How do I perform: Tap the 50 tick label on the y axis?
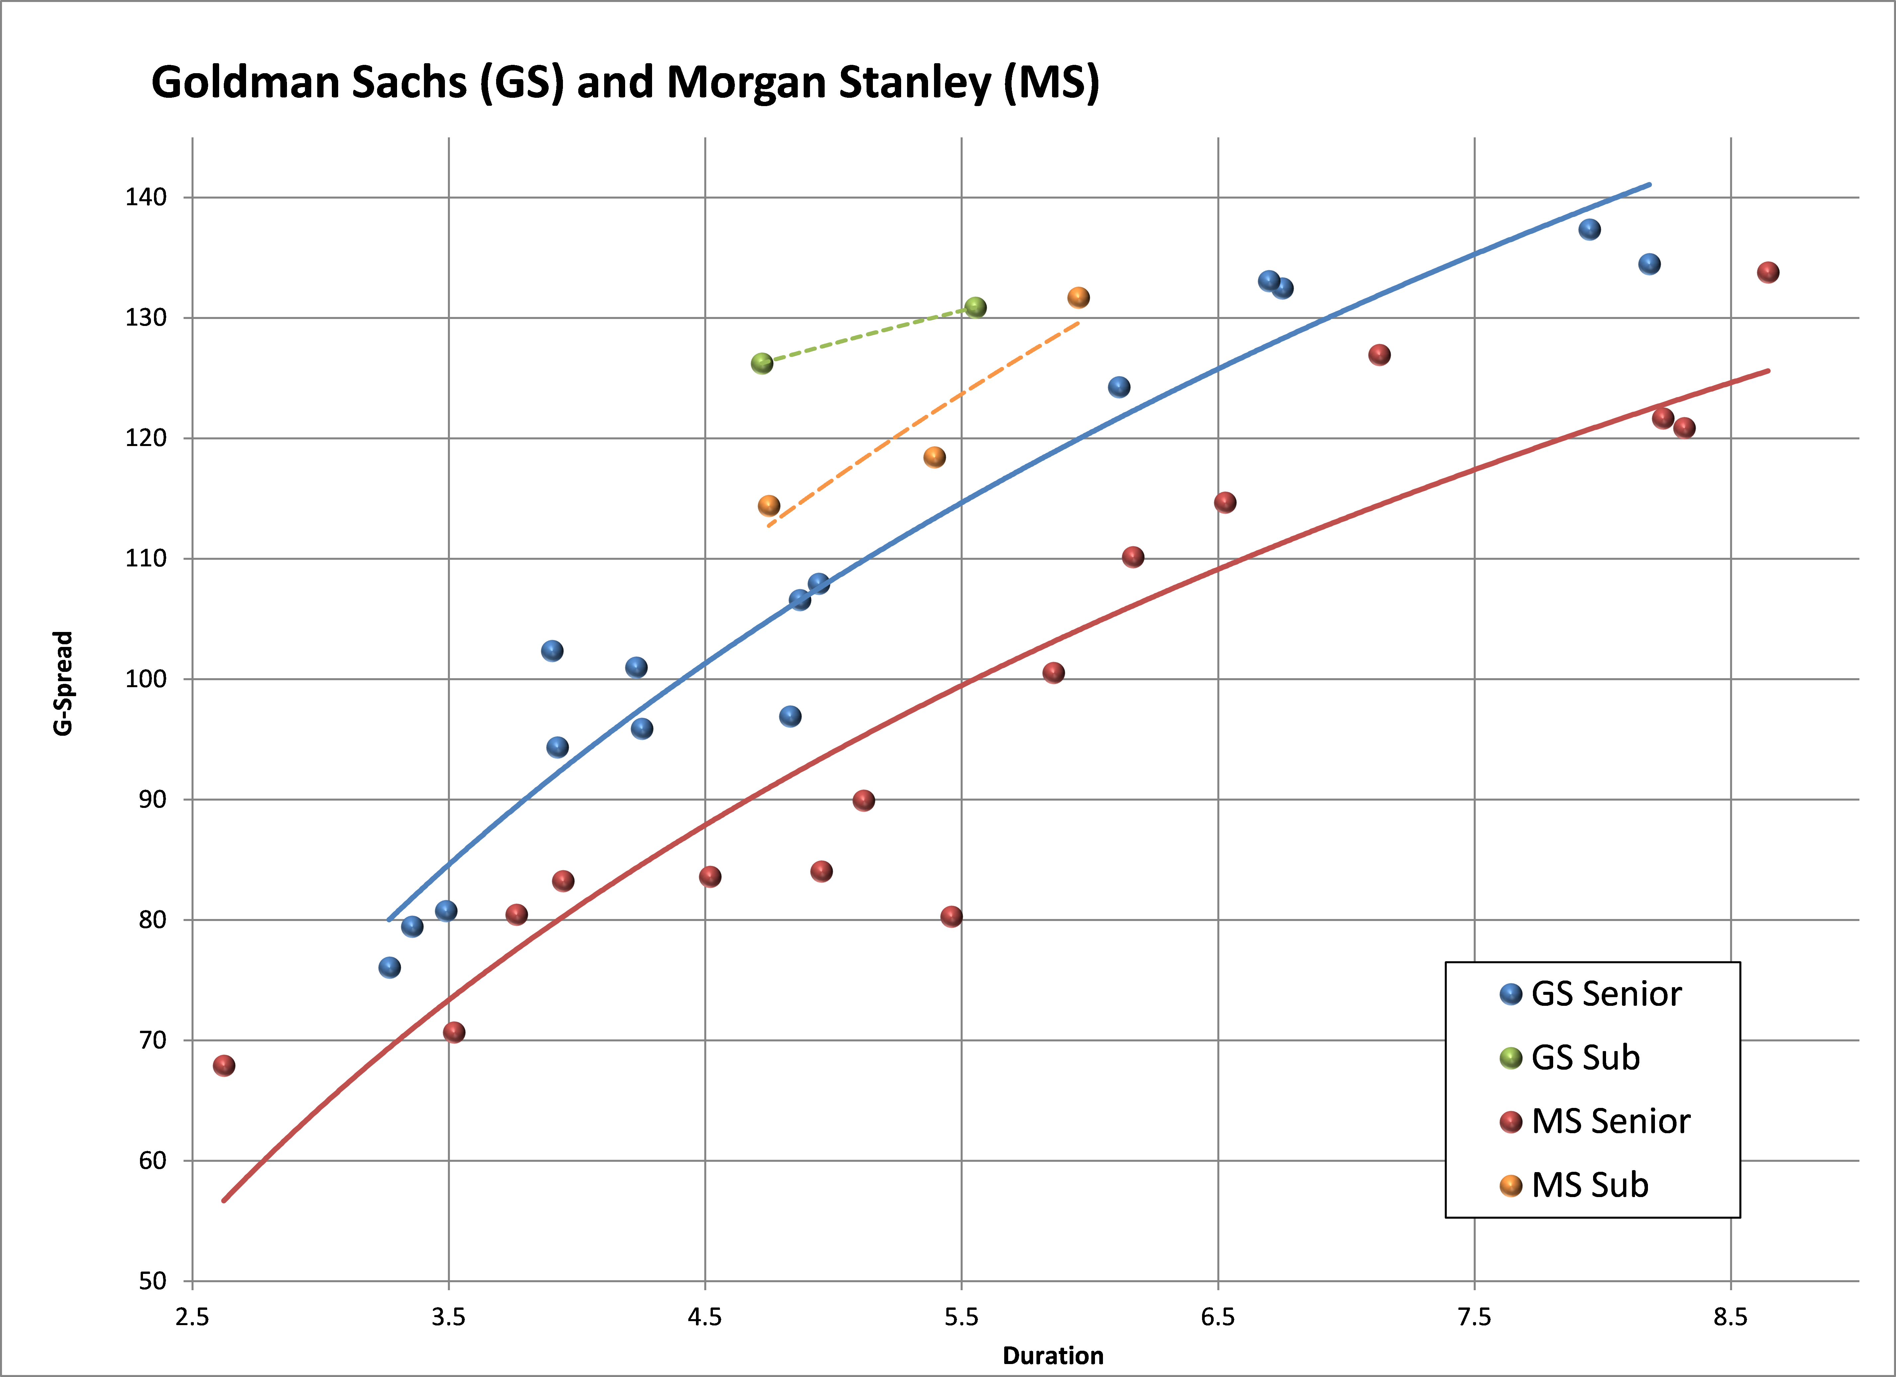pyautogui.click(x=152, y=1281)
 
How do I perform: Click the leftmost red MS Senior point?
pyautogui.click(x=224, y=1065)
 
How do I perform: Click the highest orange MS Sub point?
pyautogui.click(x=1078, y=298)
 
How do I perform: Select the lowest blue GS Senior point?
pyautogui.click(x=390, y=967)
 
